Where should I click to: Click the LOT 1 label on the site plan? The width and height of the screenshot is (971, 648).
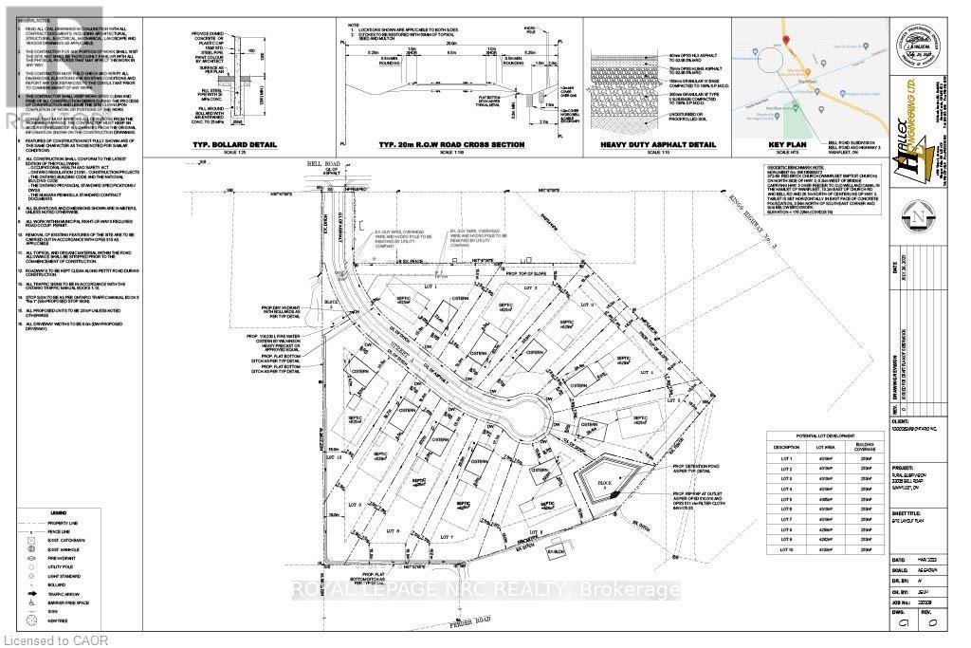(x=435, y=286)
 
